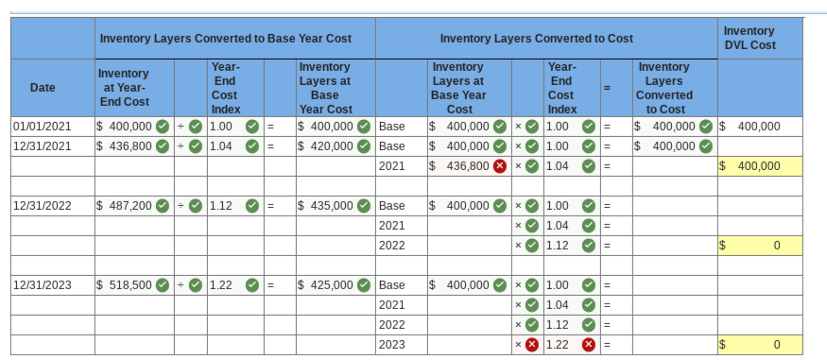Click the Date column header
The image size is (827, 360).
(x=43, y=88)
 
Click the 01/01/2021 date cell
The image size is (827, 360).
(x=43, y=127)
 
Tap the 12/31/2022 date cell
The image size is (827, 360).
(x=43, y=205)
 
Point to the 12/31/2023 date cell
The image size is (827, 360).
(x=43, y=284)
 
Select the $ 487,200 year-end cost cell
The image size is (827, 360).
(x=125, y=205)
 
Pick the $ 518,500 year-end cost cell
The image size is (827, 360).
(x=125, y=284)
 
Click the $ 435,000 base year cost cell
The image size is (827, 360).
(x=326, y=205)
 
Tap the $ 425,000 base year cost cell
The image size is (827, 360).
(x=326, y=284)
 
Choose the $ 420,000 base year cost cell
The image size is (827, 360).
(x=326, y=146)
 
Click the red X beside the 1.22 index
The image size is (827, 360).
(x=590, y=345)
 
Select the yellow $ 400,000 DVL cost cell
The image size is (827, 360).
(x=760, y=165)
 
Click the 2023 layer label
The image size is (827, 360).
(x=391, y=345)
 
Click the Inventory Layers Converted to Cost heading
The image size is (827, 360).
(x=537, y=38)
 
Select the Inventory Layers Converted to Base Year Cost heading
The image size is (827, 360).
(x=226, y=38)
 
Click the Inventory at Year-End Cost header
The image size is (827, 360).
(x=124, y=88)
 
